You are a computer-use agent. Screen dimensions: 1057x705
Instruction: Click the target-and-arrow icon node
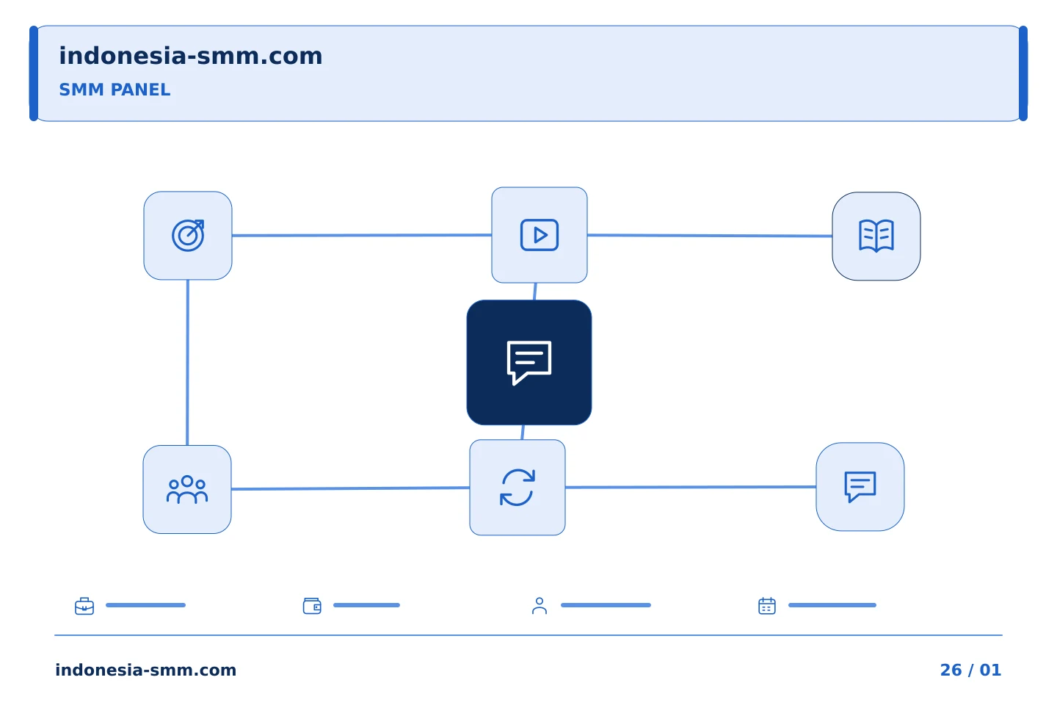pyautogui.click(x=188, y=235)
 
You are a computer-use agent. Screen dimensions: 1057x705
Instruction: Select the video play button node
pyautogui.click(x=540, y=235)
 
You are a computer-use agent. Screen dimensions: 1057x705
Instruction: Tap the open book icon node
pyautogui.click(x=876, y=236)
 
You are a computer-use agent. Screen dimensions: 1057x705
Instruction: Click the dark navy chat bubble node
pyautogui.click(x=529, y=362)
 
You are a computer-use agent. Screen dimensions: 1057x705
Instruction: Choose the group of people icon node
pyautogui.click(x=187, y=489)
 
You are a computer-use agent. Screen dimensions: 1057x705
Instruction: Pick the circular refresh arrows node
pyautogui.click(x=517, y=488)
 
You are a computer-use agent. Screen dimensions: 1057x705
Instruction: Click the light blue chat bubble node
pyautogui.click(x=860, y=486)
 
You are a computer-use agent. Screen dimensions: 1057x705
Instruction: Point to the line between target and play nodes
pyautogui.click(x=362, y=235)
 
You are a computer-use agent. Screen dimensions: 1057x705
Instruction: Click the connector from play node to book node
pyautogui.click(x=710, y=235)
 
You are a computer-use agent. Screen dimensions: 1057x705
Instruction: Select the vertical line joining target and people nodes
pyautogui.click(x=187, y=362)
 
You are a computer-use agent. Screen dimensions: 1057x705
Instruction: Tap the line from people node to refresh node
pyautogui.click(x=351, y=488)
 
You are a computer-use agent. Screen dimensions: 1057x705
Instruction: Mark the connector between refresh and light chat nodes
pyautogui.click(x=691, y=487)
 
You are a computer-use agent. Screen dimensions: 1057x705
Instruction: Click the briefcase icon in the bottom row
pyautogui.click(x=84, y=606)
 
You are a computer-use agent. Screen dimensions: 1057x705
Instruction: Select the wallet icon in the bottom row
pyautogui.click(x=312, y=606)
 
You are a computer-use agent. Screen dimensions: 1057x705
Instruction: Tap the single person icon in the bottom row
pyautogui.click(x=540, y=606)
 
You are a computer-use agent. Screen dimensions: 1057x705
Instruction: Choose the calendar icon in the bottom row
pyautogui.click(x=767, y=606)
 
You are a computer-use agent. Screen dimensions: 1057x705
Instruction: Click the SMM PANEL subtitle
pyautogui.click(x=115, y=90)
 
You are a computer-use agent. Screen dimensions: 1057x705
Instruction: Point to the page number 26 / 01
pyautogui.click(x=970, y=670)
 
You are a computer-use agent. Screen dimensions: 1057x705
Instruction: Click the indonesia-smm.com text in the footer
pyautogui.click(x=146, y=670)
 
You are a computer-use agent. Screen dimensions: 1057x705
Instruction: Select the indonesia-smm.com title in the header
pyautogui.click(x=191, y=56)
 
